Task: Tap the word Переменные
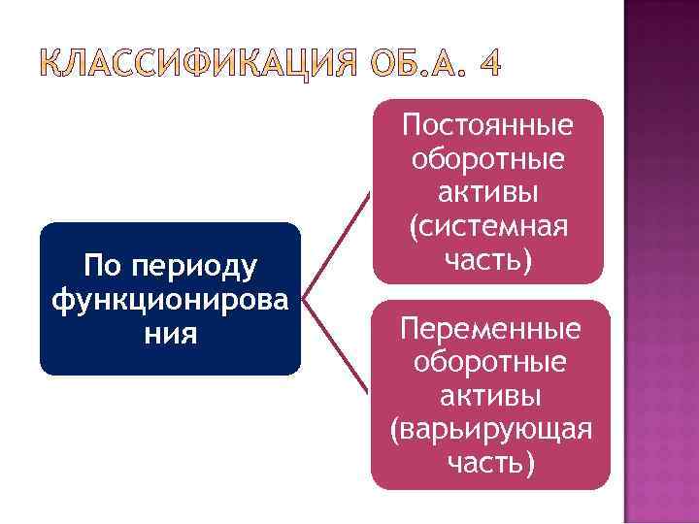[490, 328]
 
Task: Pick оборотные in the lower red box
[490, 362]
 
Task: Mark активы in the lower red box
[490, 395]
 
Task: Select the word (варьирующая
[490, 430]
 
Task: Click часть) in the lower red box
[490, 463]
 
